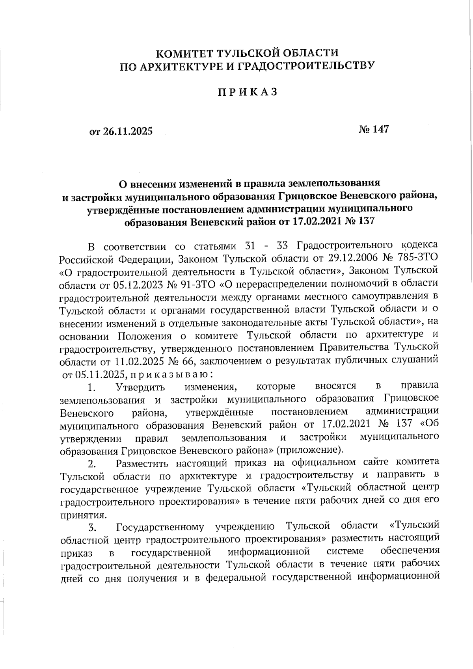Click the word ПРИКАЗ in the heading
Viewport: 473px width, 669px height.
click(248, 92)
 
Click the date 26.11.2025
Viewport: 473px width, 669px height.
click(127, 132)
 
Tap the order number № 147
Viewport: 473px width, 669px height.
click(373, 129)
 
